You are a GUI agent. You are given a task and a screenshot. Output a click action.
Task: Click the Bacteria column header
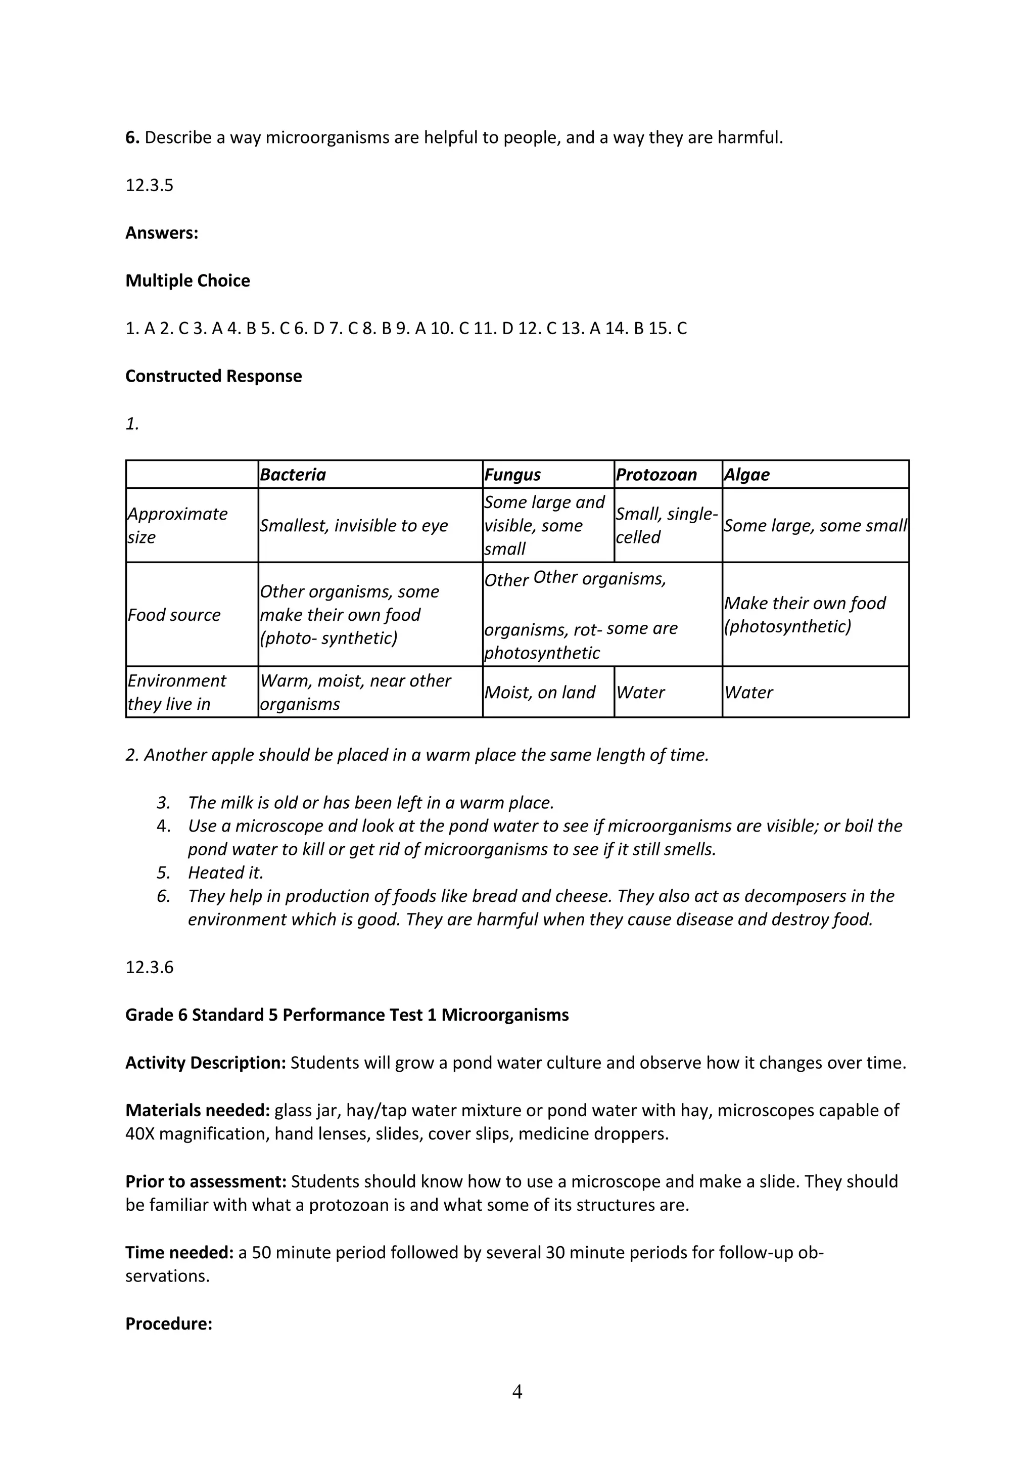click(293, 475)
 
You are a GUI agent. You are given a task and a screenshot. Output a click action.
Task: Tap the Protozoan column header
click(656, 475)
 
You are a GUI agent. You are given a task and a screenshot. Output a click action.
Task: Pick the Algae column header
click(746, 475)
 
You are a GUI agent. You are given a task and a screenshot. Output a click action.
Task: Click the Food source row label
click(174, 615)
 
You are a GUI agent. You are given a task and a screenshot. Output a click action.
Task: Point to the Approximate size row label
click(177, 525)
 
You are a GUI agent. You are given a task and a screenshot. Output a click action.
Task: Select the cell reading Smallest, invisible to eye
click(354, 526)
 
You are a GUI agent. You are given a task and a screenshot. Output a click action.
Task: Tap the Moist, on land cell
click(540, 692)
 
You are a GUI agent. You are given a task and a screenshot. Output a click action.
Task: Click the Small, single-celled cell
click(667, 525)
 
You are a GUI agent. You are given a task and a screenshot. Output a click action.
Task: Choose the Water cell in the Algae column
click(748, 692)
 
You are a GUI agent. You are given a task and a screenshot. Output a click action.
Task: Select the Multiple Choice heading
click(187, 281)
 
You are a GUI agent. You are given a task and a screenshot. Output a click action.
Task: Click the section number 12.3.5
click(149, 186)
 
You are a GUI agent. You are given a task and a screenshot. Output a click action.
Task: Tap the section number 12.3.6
click(149, 967)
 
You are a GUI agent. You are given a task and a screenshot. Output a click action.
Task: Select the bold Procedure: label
click(169, 1324)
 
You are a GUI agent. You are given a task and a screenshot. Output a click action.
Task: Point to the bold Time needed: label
click(179, 1253)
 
